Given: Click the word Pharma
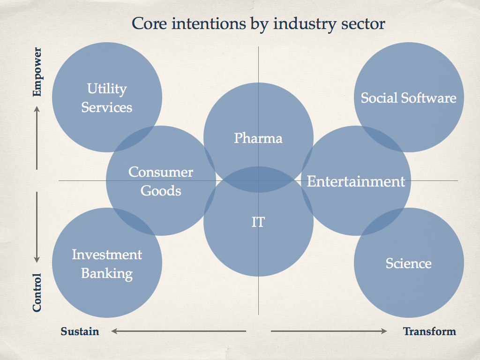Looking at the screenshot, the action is [x=258, y=138].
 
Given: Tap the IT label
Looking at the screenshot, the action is [x=258, y=222].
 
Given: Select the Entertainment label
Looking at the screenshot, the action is [x=356, y=181].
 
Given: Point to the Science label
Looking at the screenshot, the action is [x=409, y=263].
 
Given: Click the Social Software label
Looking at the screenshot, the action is [x=409, y=98].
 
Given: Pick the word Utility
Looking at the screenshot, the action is [x=107, y=89].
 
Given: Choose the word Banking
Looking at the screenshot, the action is [x=107, y=274].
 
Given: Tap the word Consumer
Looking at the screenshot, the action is [x=161, y=172].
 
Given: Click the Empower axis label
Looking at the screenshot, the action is [x=37, y=72].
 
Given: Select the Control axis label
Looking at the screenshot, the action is [x=37, y=292].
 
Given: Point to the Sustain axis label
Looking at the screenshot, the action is [x=80, y=331].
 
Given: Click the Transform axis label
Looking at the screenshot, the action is [x=429, y=331].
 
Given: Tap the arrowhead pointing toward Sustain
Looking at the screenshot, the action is [x=114, y=331].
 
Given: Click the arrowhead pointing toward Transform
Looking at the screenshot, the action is [x=383, y=331].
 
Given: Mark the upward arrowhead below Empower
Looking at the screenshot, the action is [x=37, y=109].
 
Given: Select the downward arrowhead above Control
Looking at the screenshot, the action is [x=37, y=259].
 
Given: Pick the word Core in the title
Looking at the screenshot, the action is [x=149, y=24].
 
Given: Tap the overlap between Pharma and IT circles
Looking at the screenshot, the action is [x=258, y=180].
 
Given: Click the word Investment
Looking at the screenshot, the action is [x=107, y=255].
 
